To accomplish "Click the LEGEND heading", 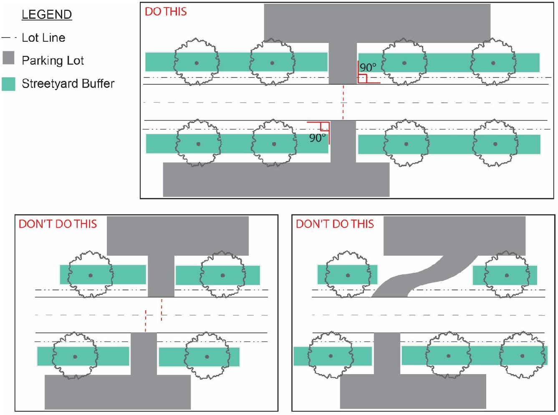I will [47, 15].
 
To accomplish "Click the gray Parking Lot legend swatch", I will [8, 58].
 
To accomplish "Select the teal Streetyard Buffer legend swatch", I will [8, 84].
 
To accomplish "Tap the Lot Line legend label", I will [43, 38].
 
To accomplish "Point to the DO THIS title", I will [166, 12].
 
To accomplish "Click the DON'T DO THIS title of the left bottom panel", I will [58, 224].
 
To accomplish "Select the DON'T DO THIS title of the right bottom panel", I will [335, 224].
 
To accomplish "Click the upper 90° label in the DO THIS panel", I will [368, 67].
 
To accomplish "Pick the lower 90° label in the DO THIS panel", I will [317, 138].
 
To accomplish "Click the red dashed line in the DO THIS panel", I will [343, 102].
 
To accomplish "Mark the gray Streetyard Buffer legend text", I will [68, 84].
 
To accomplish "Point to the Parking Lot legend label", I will [53, 61].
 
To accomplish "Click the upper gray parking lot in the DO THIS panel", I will [377, 23].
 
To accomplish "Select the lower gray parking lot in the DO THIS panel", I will [276, 179].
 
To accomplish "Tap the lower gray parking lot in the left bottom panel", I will [117, 392].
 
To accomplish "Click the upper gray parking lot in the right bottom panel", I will [454, 236].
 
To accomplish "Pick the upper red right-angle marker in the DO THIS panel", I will [363, 78].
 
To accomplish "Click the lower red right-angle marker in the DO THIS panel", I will [324, 126].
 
